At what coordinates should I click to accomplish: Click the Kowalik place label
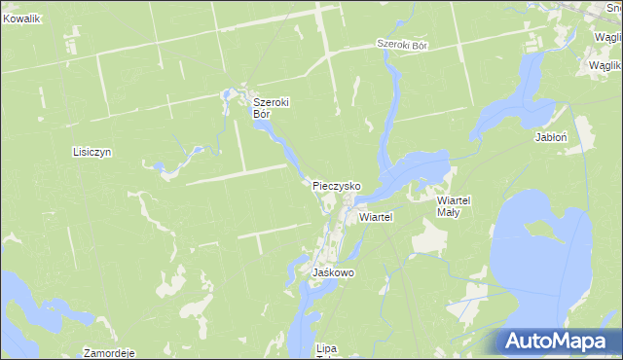point(20,18)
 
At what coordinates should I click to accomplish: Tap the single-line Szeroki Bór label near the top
point(403,45)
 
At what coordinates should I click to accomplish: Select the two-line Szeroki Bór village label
point(273,107)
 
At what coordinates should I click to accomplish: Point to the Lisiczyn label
point(93,152)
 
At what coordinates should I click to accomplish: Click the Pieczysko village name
point(337,185)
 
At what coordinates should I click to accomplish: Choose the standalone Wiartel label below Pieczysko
point(375,217)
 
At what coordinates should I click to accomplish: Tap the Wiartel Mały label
point(454,205)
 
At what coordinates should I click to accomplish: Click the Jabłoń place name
point(551,137)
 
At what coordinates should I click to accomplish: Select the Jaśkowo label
point(333,273)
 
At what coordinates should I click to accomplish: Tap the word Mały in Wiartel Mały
point(449,211)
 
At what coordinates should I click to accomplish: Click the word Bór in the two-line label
point(261,114)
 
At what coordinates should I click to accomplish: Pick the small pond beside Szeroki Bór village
point(231,95)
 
